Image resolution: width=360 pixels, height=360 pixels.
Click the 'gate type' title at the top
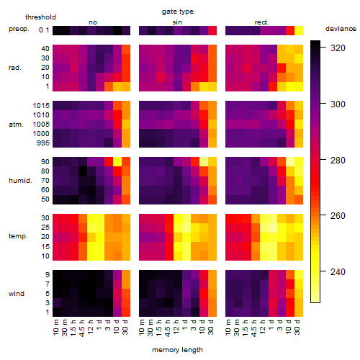click(178, 12)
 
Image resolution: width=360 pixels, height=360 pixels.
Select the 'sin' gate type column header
click(177, 22)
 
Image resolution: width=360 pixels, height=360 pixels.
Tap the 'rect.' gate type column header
click(261, 22)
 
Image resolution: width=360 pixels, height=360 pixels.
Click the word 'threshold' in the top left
click(40, 17)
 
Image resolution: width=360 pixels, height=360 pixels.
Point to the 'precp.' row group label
click(19, 29)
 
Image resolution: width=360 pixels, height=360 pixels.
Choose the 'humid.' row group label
click(20, 181)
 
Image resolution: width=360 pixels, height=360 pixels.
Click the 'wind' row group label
click(17, 294)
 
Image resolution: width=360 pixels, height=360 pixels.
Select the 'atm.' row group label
click(16, 125)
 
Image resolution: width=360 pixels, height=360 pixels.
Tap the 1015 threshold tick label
click(41, 106)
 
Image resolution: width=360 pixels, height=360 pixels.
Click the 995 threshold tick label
click(43, 143)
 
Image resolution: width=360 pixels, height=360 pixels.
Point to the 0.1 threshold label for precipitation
click(44, 30)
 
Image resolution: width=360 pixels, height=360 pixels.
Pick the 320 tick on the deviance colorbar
click(338, 48)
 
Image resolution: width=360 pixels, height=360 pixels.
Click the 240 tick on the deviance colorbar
click(338, 272)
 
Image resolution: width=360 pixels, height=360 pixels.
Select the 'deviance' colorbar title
click(341, 29)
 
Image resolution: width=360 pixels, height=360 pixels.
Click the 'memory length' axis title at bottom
click(178, 350)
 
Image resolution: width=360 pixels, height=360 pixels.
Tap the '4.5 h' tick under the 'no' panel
click(81, 328)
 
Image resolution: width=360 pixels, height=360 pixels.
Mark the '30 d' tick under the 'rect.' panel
click(297, 327)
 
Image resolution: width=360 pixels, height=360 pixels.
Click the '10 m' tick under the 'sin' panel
click(142, 328)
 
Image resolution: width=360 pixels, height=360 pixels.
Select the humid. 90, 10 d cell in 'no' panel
click(117, 162)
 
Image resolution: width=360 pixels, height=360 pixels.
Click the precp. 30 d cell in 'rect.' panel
click(299, 30)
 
